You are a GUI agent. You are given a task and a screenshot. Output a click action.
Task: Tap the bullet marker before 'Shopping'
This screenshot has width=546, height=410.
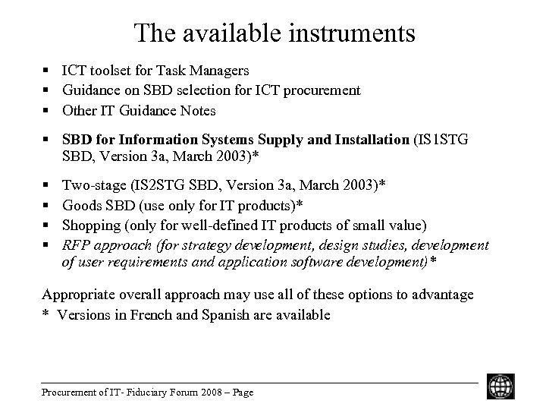46,225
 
